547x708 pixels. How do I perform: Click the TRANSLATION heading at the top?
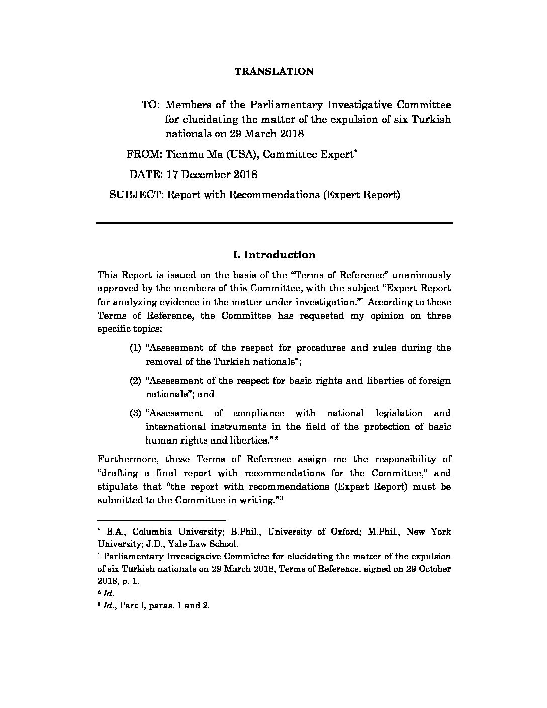pos(274,71)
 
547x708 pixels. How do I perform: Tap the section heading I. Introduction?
pos(274,255)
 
